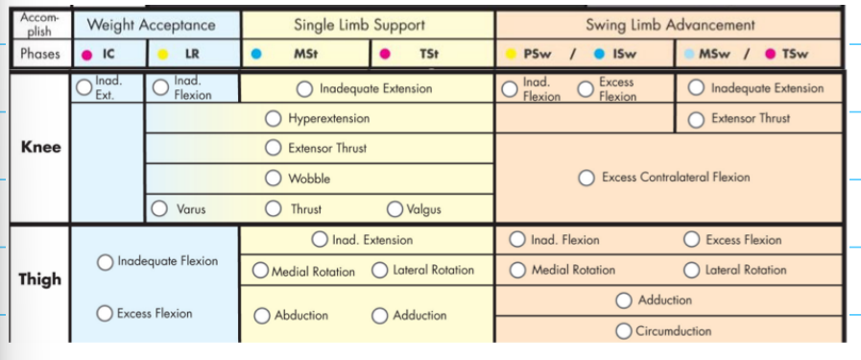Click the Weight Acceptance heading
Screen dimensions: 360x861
(151, 25)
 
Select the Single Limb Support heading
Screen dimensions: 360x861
(367, 25)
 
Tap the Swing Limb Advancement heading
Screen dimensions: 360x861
(670, 25)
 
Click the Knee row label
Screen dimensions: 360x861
(40, 147)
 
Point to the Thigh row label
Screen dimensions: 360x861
(40, 278)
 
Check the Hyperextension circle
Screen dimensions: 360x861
(274, 119)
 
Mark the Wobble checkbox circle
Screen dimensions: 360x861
(274, 179)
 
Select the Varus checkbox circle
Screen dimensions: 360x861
(159, 208)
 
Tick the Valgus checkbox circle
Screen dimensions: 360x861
(395, 209)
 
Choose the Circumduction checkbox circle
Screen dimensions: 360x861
(623, 331)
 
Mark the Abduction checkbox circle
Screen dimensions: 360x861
(262, 316)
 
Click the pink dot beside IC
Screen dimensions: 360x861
(87, 56)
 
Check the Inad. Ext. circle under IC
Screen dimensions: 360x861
(84, 88)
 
